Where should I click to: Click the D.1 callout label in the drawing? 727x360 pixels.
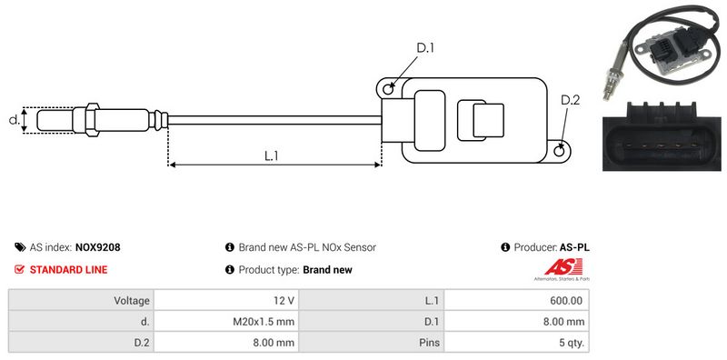[x=425, y=48]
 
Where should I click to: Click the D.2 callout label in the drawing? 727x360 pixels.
[x=571, y=100]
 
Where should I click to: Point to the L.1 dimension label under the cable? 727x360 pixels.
[x=271, y=155]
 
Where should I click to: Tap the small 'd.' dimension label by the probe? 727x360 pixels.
[x=14, y=120]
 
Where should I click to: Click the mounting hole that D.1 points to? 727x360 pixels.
[x=389, y=87]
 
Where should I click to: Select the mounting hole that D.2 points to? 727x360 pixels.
[x=560, y=150]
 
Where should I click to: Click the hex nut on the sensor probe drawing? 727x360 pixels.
[x=92, y=120]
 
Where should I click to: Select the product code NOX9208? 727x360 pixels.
[x=98, y=247]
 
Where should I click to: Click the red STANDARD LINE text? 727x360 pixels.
[x=69, y=269]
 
